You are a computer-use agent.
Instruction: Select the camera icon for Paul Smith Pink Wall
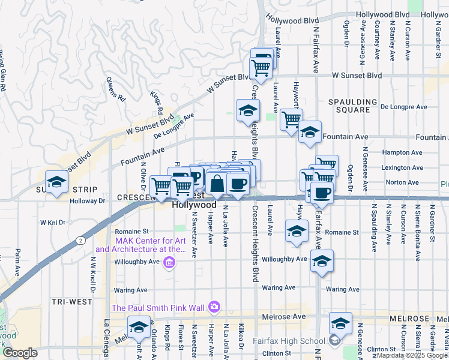click(214, 308)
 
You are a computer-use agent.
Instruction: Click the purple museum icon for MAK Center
click(170, 262)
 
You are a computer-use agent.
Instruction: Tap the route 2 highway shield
click(80, 239)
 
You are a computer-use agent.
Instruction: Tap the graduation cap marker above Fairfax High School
click(340, 324)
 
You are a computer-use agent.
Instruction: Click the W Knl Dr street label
click(52, 223)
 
